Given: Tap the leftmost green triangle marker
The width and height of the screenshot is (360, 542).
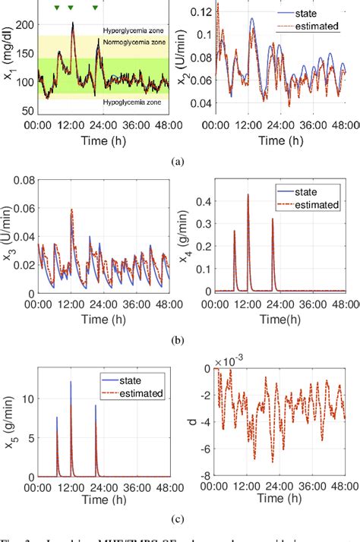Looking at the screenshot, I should (56, 8).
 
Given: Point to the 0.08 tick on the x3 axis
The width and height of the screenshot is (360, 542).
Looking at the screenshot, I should (21, 180).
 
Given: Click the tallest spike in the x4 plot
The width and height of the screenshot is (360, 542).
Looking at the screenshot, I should (248, 195).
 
